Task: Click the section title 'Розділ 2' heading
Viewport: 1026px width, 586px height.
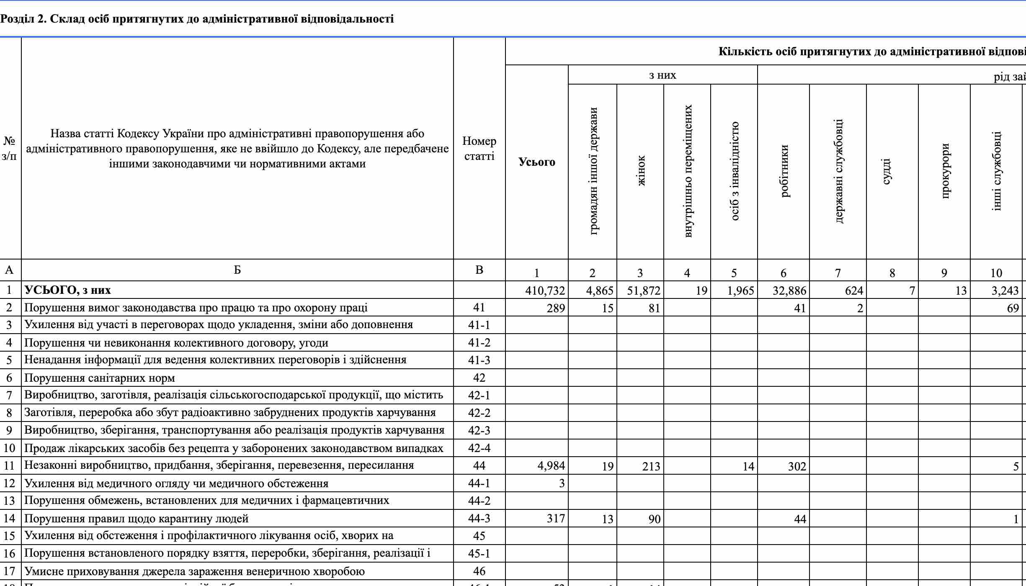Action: pyautogui.click(x=197, y=19)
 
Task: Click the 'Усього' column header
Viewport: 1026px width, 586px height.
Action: pyautogui.click(x=536, y=162)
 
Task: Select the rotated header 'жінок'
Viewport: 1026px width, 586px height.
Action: pyautogui.click(x=640, y=171)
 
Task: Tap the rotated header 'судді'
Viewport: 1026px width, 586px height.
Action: pyautogui.click(x=886, y=172)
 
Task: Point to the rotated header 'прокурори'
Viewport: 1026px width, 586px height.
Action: pyautogui.click(x=944, y=171)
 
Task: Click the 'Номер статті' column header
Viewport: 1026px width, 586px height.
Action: pyautogui.click(x=479, y=149)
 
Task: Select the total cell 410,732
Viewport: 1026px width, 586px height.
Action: pyautogui.click(x=545, y=290)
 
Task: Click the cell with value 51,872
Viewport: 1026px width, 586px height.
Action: pyautogui.click(x=643, y=290)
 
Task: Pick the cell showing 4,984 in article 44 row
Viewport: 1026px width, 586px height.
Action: pyautogui.click(x=551, y=466)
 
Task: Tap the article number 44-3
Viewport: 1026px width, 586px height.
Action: pyautogui.click(x=479, y=519)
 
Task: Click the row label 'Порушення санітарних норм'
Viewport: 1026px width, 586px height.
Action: pyautogui.click(x=100, y=378)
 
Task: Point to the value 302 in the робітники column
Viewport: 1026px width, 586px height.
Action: pyautogui.click(x=797, y=466)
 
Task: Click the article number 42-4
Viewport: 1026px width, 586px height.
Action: pyautogui.click(x=479, y=448)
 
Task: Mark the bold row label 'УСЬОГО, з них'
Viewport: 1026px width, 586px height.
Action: pyautogui.click(x=67, y=290)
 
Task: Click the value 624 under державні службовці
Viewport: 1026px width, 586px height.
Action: pyautogui.click(x=854, y=290)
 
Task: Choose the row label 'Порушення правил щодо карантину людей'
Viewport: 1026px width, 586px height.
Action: pyautogui.click(x=137, y=519)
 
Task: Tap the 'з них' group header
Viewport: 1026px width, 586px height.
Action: pyautogui.click(x=663, y=75)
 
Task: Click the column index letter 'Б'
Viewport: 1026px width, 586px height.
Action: pyautogui.click(x=237, y=270)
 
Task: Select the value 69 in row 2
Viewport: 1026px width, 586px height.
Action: pyautogui.click(x=1013, y=308)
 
